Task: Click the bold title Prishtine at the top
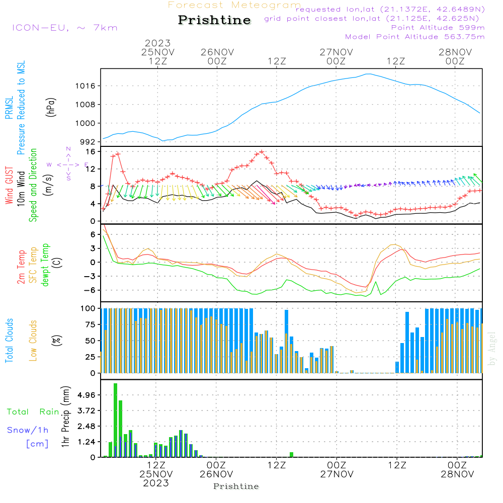214,20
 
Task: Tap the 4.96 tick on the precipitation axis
86,395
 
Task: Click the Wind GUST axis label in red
9,186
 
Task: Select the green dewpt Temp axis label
45,265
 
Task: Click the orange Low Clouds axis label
33,341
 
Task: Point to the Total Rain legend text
33,412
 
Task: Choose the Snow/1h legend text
28,430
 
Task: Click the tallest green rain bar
115,420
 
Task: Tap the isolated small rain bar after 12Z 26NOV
291,455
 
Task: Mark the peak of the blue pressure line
368,74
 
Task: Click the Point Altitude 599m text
438,28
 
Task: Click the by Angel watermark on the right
492,349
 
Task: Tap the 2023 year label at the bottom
156,483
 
